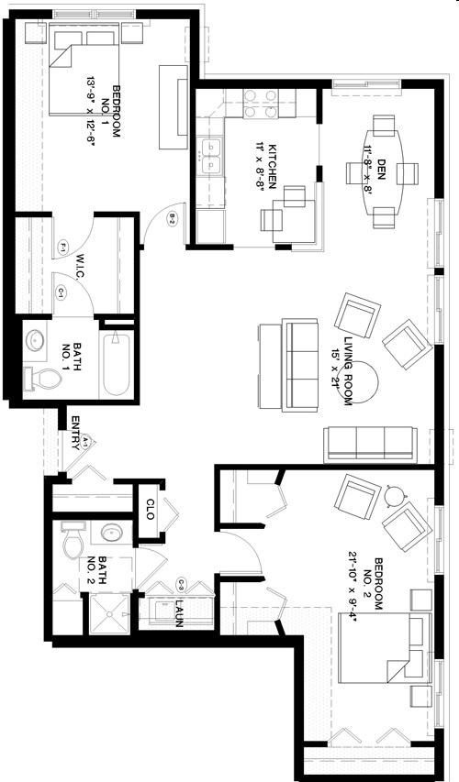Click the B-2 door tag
coord(172,218)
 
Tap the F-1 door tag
coord(63,247)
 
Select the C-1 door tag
coord(62,293)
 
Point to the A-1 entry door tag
coord(85,443)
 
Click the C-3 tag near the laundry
coord(182,584)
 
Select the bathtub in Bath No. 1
coord(116,362)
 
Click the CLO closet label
coord(151,509)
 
